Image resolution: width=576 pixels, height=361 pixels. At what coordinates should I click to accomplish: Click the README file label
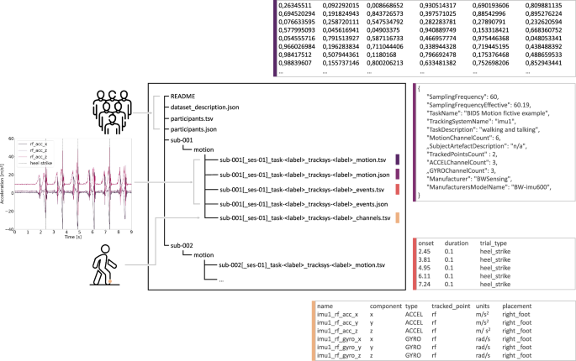[183, 97]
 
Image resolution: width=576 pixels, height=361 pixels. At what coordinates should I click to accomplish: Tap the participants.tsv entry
[193, 120]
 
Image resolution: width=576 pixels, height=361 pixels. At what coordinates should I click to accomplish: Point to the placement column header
[517, 307]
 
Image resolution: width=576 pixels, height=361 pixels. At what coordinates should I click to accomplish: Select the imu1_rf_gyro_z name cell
[346, 356]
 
